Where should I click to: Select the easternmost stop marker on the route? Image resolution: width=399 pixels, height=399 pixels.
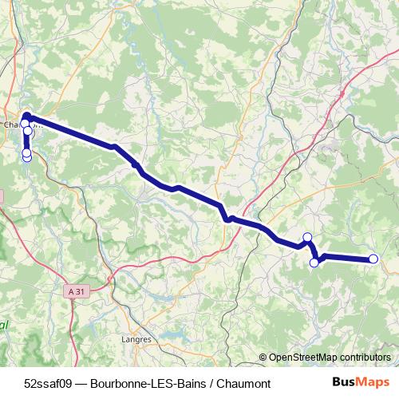[x=373, y=259]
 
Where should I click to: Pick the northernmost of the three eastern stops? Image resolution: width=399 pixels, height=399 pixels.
[x=307, y=237]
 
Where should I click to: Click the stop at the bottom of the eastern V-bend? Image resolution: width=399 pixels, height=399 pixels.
[x=314, y=263]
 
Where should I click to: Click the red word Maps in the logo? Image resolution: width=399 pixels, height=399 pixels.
[x=375, y=382]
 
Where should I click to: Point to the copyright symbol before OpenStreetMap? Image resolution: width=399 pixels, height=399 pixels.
[x=263, y=358]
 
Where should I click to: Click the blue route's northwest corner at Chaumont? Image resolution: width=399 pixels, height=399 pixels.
[x=26, y=116]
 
